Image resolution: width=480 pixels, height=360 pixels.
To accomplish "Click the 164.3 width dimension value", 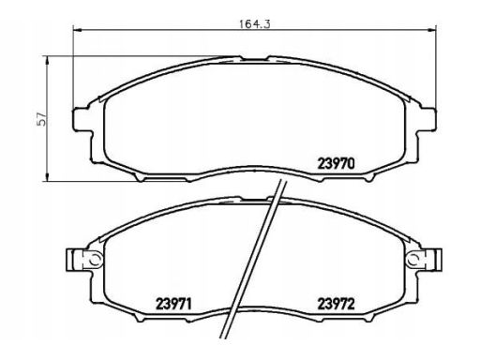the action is [254, 24].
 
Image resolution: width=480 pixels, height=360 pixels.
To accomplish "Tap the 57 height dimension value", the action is [41, 119].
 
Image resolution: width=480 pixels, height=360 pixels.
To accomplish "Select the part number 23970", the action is [336, 163].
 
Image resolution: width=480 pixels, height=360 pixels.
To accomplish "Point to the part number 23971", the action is [173, 304].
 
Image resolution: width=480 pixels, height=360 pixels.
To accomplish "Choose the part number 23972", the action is [336, 304].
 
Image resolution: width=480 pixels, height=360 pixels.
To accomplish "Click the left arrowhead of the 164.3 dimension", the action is [77, 30].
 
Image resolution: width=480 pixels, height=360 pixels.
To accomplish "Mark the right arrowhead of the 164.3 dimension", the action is [432, 30].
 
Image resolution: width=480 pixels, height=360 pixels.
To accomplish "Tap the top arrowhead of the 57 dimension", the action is [47, 61].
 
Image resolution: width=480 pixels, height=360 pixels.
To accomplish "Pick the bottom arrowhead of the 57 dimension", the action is [47, 177].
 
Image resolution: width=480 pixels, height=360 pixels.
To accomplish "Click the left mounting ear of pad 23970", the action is [82, 119].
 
